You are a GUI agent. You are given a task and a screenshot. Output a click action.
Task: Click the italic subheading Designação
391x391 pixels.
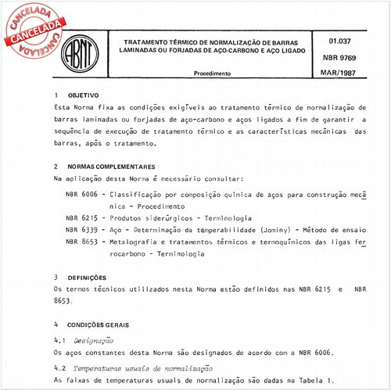pyautogui.click(x=93, y=340)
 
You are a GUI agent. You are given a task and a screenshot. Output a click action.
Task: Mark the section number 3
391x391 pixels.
pyautogui.click(x=56, y=278)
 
